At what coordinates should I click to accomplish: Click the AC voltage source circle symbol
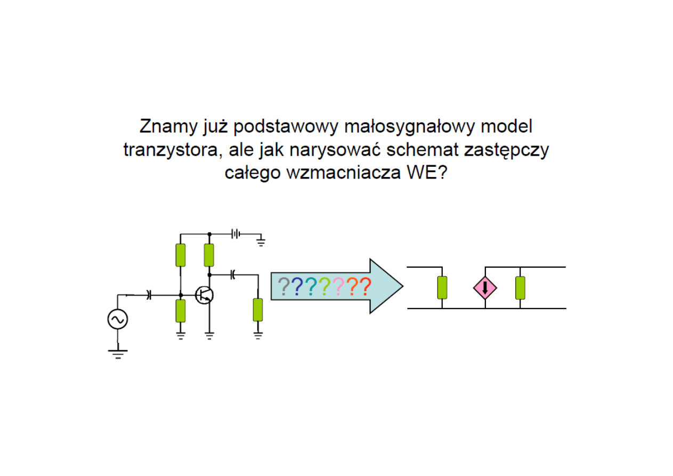117,319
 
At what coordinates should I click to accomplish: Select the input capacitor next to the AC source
149,294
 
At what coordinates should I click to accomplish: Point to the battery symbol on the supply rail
235,233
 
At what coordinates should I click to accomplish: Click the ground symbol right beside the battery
261,243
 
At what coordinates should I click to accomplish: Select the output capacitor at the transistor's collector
233,275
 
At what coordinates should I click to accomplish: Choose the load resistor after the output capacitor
258,310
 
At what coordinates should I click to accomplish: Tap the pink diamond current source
485,288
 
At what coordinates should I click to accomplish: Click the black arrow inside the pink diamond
485,288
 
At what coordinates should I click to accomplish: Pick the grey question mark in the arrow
284,287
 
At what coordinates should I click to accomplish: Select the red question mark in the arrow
364,287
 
